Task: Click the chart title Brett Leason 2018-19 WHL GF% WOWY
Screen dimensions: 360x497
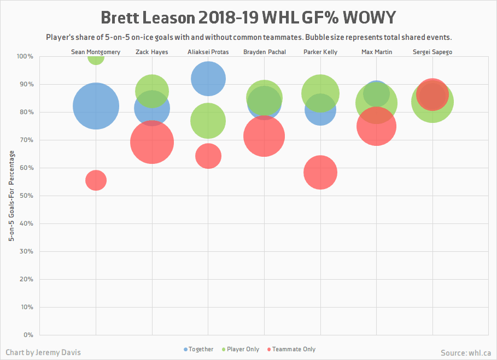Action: (248, 17)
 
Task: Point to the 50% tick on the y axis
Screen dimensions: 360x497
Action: (25, 196)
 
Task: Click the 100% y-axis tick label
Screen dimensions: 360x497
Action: (25, 56)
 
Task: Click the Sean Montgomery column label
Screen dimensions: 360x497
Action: (96, 52)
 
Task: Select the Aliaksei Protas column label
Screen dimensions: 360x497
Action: (208, 52)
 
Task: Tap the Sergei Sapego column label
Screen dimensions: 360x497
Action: (432, 52)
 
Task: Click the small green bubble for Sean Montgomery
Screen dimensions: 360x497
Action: (96, 57)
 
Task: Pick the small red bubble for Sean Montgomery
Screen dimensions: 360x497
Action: (96, 180)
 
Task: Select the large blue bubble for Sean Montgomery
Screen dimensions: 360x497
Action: (96, 106)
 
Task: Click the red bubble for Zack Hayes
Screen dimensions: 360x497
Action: (152, 142)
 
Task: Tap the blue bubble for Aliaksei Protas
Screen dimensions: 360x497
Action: (208, 79)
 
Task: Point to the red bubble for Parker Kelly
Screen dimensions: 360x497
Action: (320, 172)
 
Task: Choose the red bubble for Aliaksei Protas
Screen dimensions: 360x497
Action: (208, 156)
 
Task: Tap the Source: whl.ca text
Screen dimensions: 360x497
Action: (465, 353)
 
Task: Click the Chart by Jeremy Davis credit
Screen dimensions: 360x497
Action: (43, 352)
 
